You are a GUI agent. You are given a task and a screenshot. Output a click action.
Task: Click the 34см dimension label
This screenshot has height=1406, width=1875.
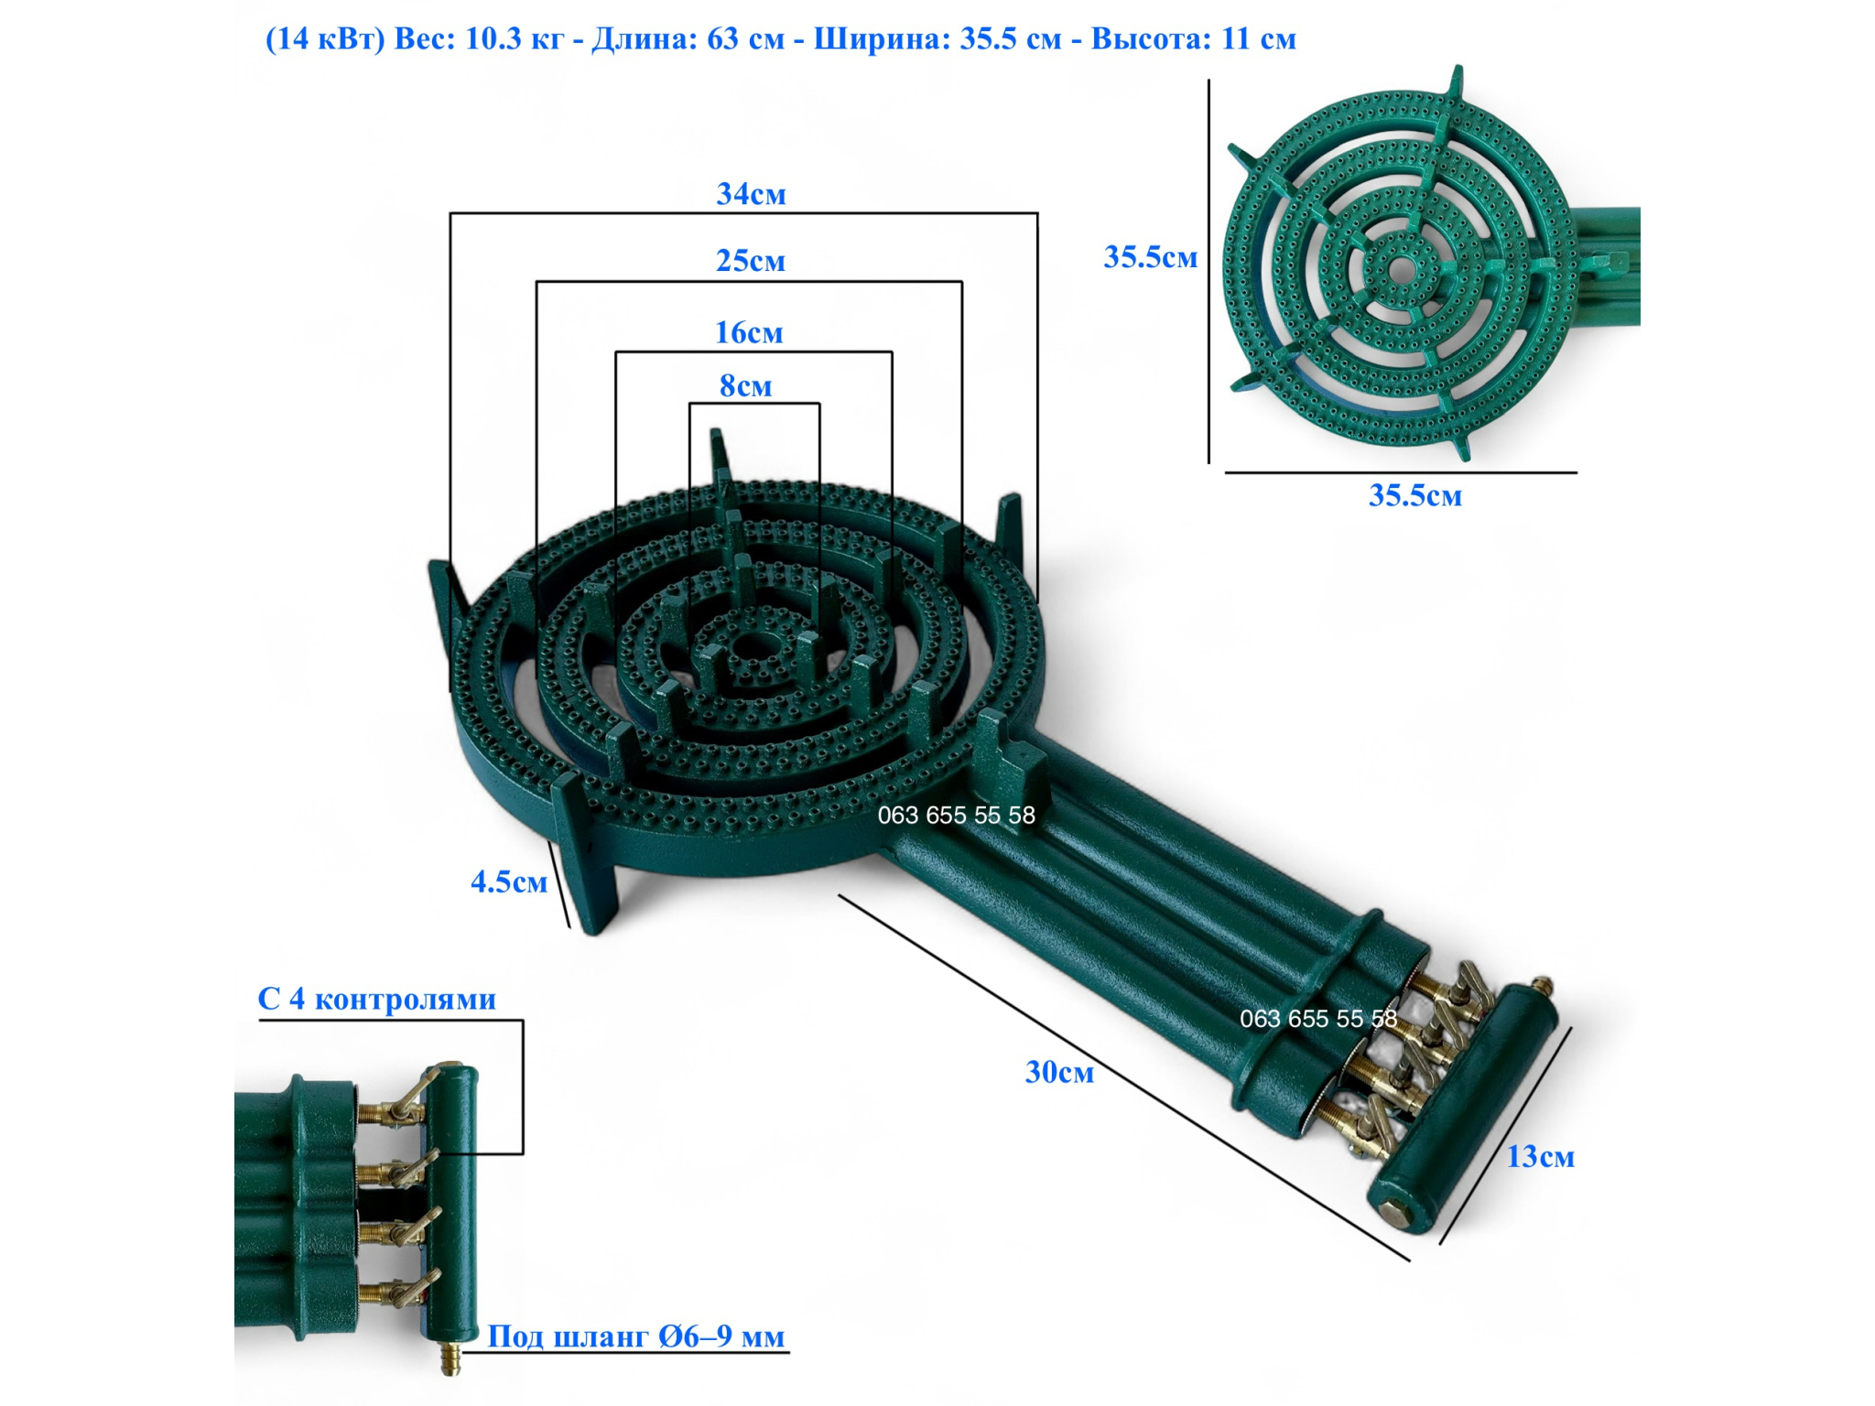click(x=751, y=194)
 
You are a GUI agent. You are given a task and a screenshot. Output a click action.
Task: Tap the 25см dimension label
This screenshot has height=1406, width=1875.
click(x=751, y=261)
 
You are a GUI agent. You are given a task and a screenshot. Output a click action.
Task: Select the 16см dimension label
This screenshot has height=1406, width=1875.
click(x=749, y=332)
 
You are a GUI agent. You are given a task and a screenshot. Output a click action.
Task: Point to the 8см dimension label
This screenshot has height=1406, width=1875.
click(x=745, y=385)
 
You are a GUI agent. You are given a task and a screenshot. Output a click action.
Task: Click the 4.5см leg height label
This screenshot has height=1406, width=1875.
click(x=509, y=881)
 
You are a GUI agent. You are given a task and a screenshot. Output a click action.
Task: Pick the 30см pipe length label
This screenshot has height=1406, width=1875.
click(x=1059, y=1072)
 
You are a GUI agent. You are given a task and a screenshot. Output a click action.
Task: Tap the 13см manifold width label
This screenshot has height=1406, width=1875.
click(x=1541, y=1157)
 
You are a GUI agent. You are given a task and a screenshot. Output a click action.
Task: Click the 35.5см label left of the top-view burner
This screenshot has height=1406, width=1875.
click(x=1151, y=257)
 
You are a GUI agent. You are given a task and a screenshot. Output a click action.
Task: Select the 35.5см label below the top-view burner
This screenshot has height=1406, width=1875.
click(x=1415, y=496)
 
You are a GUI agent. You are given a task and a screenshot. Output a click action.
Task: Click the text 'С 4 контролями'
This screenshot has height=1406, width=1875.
click(x=376, y=999)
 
